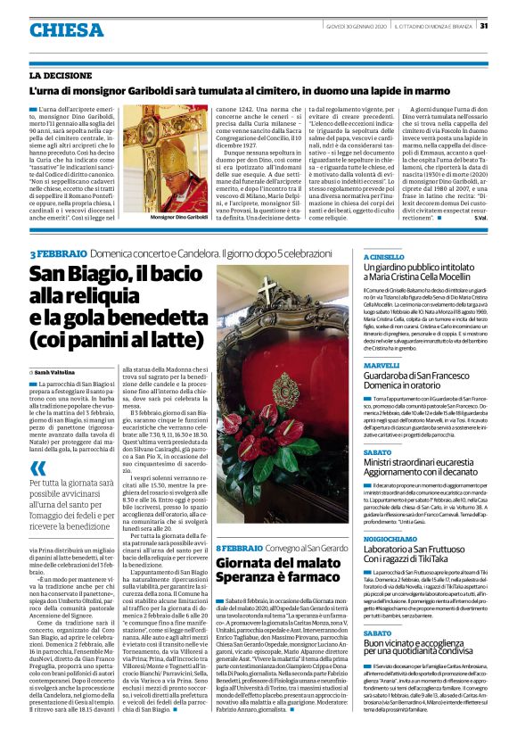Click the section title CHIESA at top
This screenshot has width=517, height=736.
[x=65, y=30]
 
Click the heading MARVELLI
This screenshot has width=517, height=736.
[x=382, y=365]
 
